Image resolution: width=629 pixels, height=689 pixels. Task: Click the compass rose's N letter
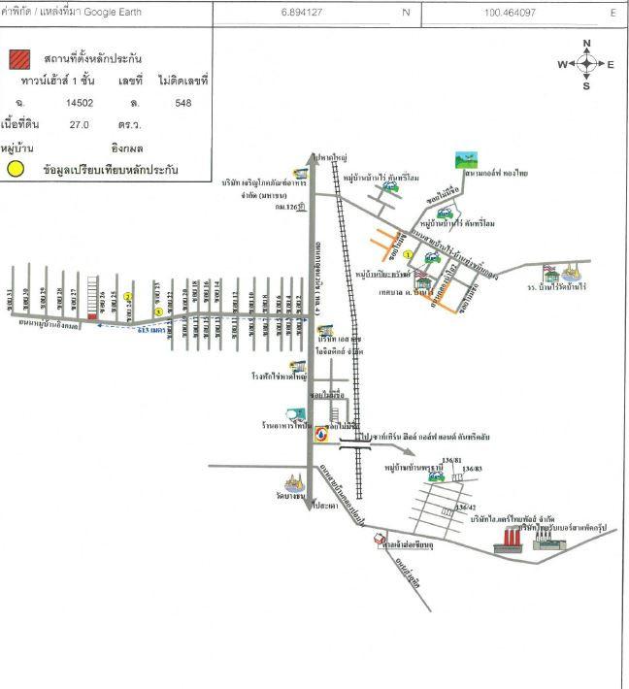[586, 45]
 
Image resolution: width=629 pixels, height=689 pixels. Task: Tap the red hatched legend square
[18, 59]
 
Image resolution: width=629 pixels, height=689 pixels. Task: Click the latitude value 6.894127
[300, 13]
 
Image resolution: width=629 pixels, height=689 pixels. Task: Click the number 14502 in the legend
[79, 101]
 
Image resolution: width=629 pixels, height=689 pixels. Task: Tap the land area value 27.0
[79, 124]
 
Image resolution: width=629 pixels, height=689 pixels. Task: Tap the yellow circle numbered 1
[409, 254]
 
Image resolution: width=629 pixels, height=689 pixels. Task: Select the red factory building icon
[507, 542]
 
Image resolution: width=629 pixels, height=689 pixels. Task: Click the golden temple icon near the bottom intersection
[294, 484]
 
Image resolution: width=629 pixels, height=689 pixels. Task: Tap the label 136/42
[468, 507]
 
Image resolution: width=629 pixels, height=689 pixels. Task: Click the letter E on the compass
[611, 65]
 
